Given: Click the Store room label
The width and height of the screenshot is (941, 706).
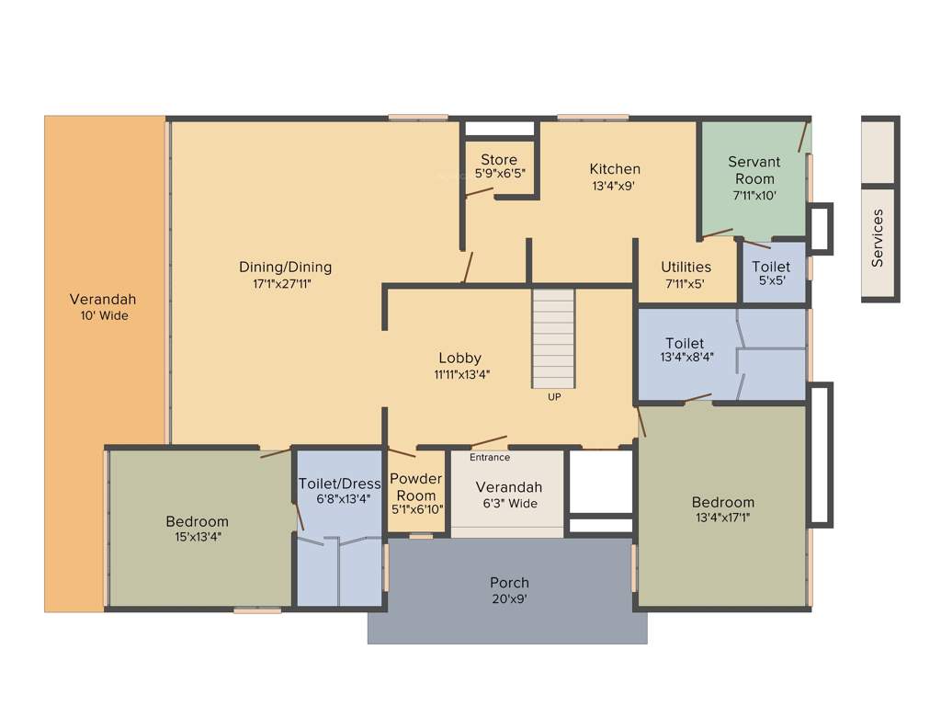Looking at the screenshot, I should [499, 160].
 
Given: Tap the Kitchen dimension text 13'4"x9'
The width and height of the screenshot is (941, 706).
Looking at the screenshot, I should [615, 185].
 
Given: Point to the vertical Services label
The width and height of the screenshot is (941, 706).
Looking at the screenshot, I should [878, 238].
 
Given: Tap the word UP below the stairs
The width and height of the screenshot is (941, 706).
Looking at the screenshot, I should [554, 397].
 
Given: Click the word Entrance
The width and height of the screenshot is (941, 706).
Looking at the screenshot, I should [490, 457].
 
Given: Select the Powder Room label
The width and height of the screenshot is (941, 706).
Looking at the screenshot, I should [415, 487].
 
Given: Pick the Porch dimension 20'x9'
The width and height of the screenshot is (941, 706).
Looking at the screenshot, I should [509, 598].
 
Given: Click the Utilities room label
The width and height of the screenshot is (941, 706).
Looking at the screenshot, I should [686, 268].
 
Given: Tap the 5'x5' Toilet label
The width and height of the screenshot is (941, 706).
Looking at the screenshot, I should [770, 274].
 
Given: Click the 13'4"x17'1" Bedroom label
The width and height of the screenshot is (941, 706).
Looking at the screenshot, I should [723, 510].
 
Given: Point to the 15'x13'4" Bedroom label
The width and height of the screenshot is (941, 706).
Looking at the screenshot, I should [197, 529].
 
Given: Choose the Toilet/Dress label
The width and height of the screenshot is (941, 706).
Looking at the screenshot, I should [339, 484].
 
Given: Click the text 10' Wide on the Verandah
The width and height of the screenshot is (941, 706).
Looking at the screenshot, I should [103, 315].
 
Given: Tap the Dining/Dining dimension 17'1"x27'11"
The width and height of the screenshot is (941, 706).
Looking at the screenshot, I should [285, 284].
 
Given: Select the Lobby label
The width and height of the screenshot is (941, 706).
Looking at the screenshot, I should [459, 358].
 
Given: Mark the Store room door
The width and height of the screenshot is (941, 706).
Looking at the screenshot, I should [478, 192].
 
